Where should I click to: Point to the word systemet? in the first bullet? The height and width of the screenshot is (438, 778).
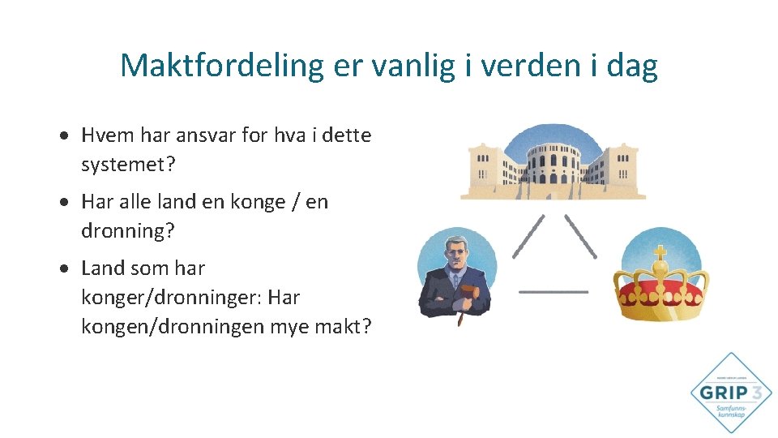pyautogui.click(x=128, y=165)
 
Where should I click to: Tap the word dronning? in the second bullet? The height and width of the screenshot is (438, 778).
pyautogui.click(x=127, y=231)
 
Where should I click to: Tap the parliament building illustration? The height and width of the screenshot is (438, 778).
pyautogui.click(x=553, y=163)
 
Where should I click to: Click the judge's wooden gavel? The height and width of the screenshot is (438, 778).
pyautogui.click(x=463, y=301)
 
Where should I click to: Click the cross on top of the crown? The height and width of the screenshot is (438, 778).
pyautogui.click(x=660, y=251)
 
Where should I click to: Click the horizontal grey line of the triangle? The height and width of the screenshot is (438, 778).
pyautogui.click(x=554, y=291)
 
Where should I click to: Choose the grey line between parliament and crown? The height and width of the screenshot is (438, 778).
pyautogui.click(x=580, y=237)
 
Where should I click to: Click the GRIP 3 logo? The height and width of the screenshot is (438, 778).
pyautogui.click(x=731, y=393)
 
